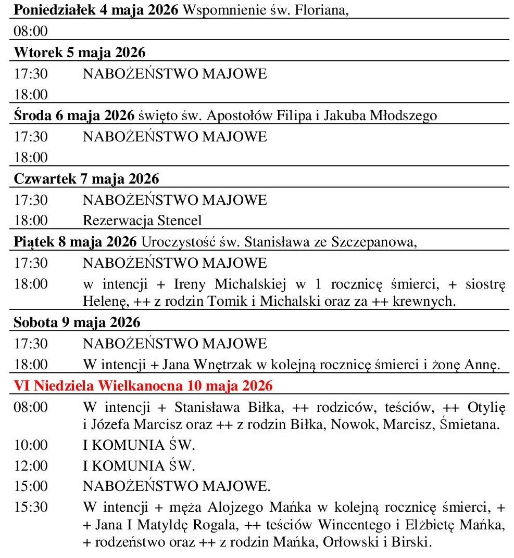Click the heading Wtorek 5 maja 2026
point(80,53)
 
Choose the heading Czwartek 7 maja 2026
point(86,178)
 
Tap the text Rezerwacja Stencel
point(142,220)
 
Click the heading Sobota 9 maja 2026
point(77,322)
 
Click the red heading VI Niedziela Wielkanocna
point(143,386)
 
